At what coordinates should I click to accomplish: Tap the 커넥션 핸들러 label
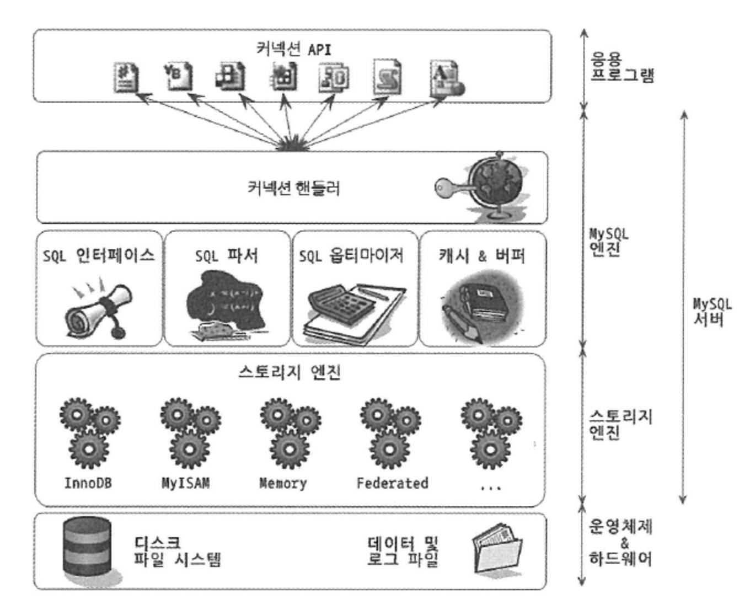(293, 188)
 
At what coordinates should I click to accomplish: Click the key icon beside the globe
(450, 188)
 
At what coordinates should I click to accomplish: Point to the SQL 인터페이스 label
(99, 255)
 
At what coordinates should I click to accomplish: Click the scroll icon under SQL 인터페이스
(99, 309)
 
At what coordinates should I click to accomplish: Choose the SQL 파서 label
(227, 255)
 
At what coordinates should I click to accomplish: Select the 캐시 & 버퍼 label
(482, 255)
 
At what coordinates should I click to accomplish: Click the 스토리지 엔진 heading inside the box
(290, 372)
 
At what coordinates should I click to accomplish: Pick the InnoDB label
(88, 483)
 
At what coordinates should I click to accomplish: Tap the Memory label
(283, 483)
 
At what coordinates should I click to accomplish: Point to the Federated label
(392, 483)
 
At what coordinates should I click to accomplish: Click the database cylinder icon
(87, 546)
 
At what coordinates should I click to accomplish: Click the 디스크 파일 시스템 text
(177, 552)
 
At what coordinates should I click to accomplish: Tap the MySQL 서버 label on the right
(712, 312)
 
